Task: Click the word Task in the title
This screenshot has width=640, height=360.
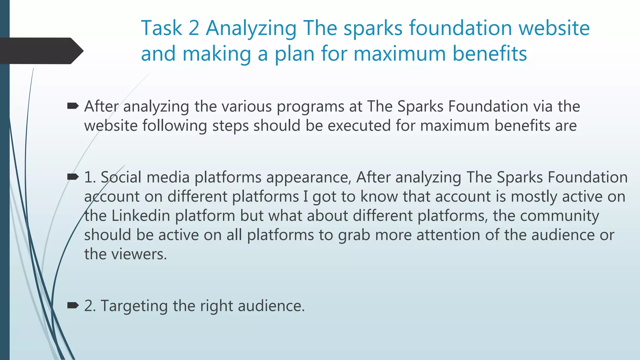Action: [161, 28]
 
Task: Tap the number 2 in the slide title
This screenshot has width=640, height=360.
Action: [194, 28]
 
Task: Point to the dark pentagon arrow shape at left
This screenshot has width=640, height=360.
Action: [41, 51]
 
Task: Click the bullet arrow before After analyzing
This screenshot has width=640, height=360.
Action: [73, 107]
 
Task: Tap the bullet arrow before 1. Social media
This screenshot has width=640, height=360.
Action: [73, 177]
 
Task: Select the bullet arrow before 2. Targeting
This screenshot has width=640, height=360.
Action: [73, 305]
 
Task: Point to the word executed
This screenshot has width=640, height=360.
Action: [359, 126]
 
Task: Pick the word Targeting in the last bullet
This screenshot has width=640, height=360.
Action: [134, 306]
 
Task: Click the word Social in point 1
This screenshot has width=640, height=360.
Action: [121, 177]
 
